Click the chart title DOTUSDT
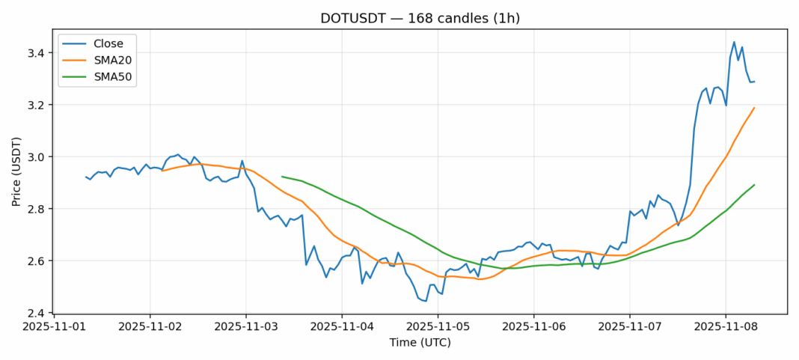click(420, 18)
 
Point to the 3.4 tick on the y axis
click(37, 53)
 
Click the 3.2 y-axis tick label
click(37, 105)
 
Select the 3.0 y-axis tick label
click(37, 157)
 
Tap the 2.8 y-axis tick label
click(37, 209)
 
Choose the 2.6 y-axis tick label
click(37, 260)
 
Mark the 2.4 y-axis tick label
click(37, 313)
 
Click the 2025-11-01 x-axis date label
click(55, 327)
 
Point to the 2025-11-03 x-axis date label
click(246, 327)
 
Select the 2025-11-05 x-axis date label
click(438, 327)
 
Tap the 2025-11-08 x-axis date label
click(725, 327)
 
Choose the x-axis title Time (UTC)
click(420, 342)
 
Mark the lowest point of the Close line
click(426, 301)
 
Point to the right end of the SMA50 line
click(754, 185)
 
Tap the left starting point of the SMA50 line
click(282, 177)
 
